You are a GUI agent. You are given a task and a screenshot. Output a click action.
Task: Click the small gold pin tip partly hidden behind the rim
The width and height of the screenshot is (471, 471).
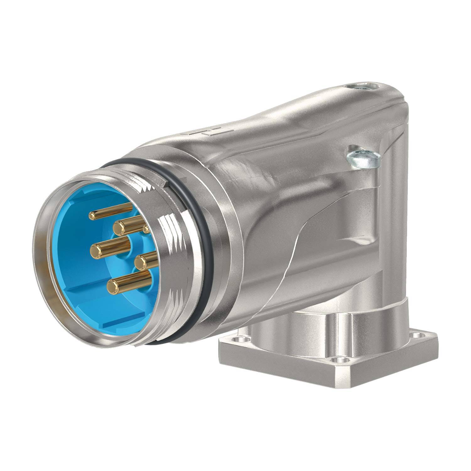tap(145, 229)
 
